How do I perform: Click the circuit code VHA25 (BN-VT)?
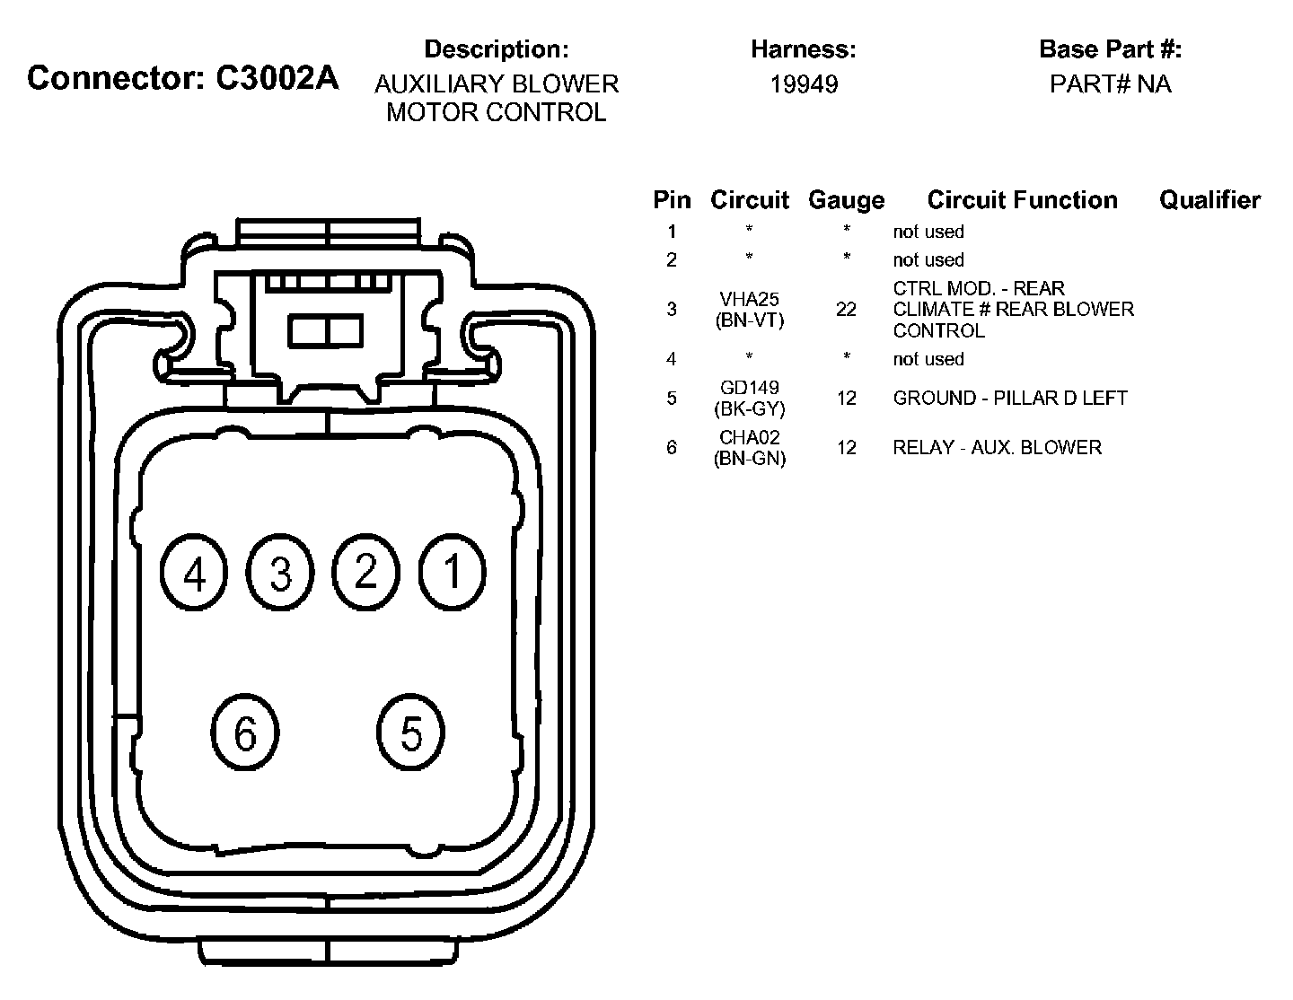coord(749,310)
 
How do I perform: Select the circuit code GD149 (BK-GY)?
coord(749,398)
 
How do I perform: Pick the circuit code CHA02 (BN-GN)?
coord(749,447)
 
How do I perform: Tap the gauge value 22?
coord(846,310)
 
